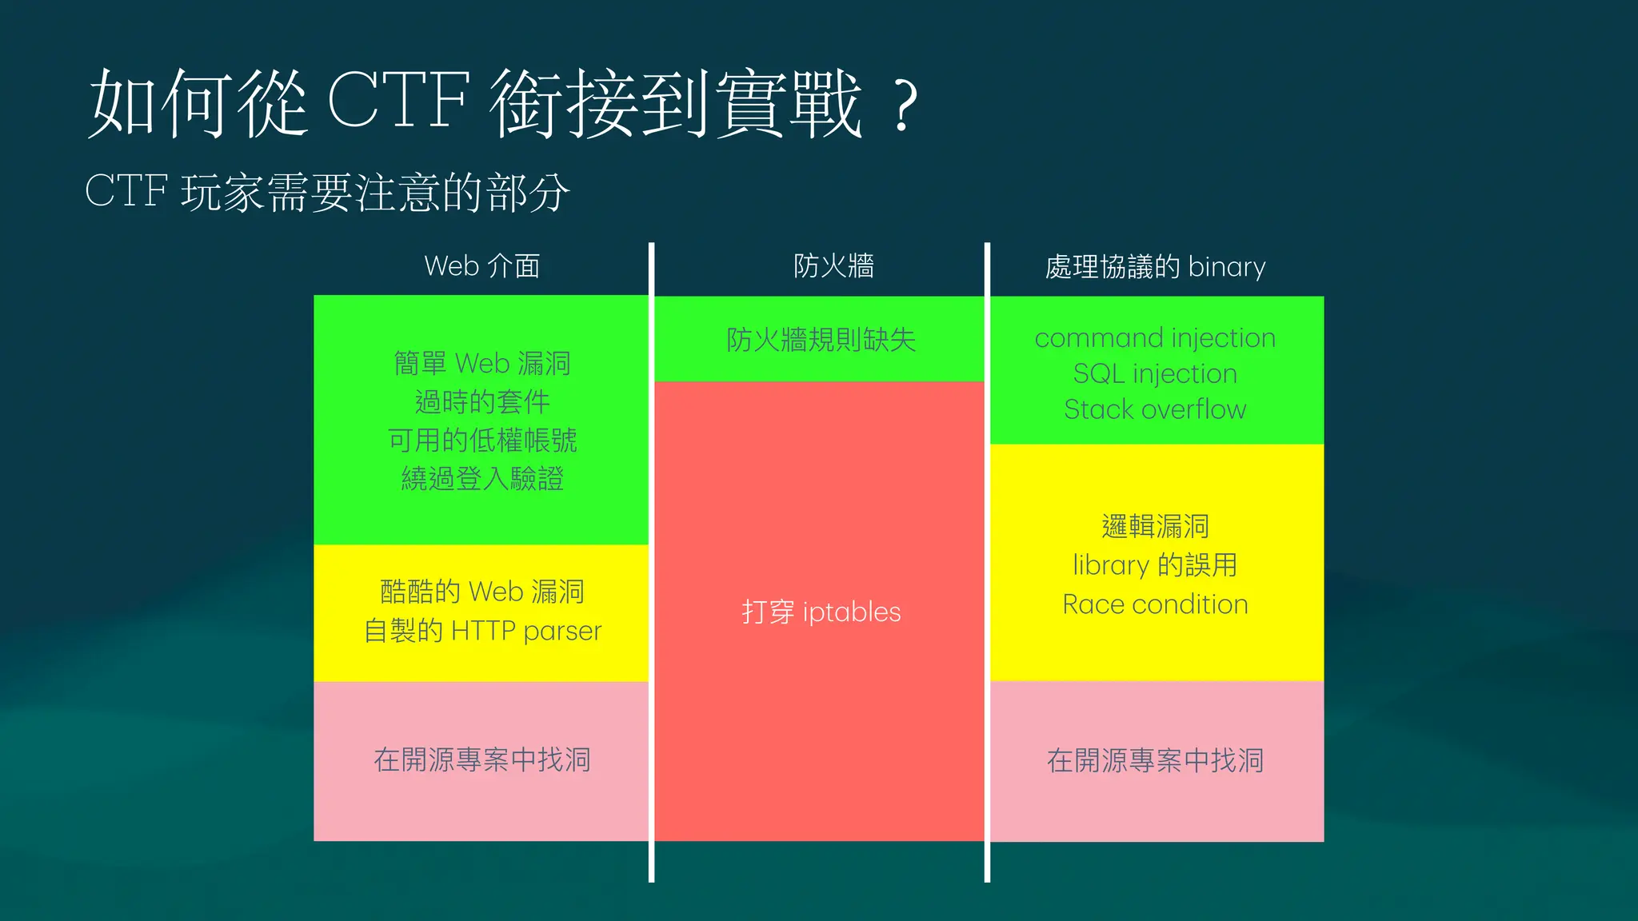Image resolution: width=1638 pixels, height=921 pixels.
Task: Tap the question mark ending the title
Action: tap(904, 106)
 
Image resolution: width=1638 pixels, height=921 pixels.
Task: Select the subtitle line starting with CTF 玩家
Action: tap(327, 192)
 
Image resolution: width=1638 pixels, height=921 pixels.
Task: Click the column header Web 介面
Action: tap(481, 266)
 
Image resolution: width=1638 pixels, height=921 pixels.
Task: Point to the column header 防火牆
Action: tap(833, 265)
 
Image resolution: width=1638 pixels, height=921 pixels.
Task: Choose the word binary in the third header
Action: tap(1227, 266)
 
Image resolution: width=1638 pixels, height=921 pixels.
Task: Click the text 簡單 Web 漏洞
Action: tap(481, 364)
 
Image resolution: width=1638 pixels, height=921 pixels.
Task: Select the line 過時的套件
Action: tap(481, 401)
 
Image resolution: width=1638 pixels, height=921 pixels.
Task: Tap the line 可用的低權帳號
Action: tap(481, 440)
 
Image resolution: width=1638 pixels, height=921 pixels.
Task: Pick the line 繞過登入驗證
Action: tap(481, 478)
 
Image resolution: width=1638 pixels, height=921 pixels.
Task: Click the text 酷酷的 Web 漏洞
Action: tap(481, 592)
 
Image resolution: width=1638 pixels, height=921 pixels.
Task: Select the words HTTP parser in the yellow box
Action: tap(525, 631)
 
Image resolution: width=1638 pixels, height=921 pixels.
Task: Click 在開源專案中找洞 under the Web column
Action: tap(481, 760)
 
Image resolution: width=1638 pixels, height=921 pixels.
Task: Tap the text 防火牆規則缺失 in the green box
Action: tap(821, 340)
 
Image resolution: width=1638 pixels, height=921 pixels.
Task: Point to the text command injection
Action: tap(1155, 338)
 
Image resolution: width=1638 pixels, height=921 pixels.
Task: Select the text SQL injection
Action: tap(1155, 373)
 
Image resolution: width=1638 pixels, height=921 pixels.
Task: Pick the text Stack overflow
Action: tap(1155, 409)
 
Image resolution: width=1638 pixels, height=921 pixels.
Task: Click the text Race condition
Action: tap(1155, 604)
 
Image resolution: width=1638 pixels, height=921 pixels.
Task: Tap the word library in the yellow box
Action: tap(1110, 565)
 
